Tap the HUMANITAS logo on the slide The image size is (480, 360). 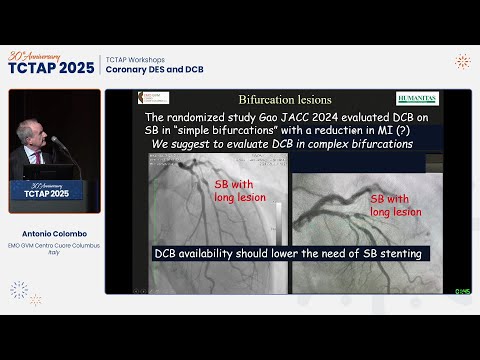(x=417, y=98)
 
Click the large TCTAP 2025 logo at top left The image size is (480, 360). (x=51, y=66)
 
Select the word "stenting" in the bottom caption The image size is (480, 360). (x=394, y=254)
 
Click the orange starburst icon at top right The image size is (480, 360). (x=462, y=61)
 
